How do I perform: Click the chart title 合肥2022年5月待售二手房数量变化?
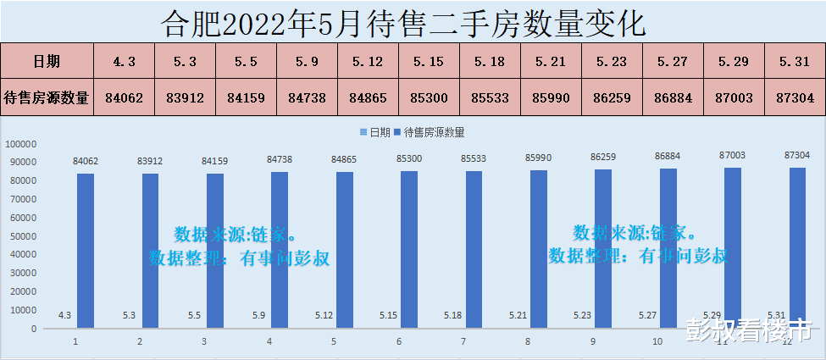(x=413, y=20)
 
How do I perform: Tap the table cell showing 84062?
(x=124, y=97)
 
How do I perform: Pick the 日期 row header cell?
(x=47, y=61)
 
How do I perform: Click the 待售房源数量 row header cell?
(x=47, y=97)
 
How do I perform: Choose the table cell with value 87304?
(x=795, y=97)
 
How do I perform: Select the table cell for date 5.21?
(x=552, y=61)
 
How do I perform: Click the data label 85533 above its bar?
(x=475, y=158)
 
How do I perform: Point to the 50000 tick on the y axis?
(x=25, y=236)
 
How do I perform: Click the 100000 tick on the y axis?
(x=22, y=144)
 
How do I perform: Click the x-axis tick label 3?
(x=204, y=342)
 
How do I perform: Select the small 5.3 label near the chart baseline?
(x=130, y=315)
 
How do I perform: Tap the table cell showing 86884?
(x=674, y=97)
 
